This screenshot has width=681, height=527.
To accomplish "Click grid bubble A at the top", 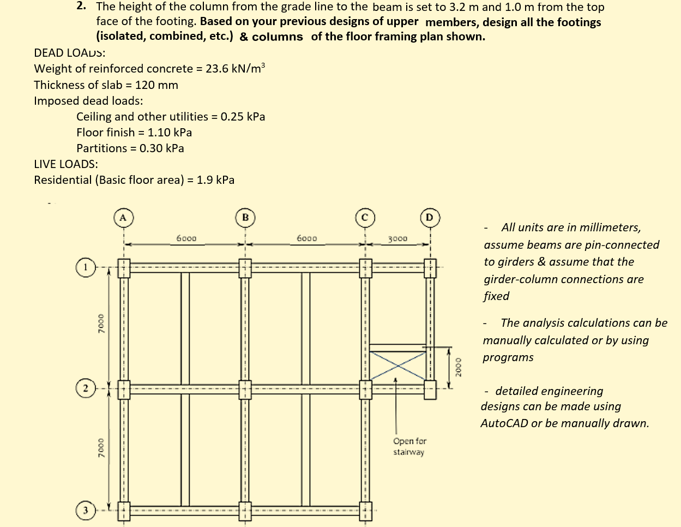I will click(123, 217).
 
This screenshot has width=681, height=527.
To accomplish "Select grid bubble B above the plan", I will click(245, 217).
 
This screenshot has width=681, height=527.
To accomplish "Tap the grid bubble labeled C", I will click(365, 217).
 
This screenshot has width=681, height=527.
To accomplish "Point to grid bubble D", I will click(430, 217).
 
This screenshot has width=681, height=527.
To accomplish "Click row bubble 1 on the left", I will click(86, 268).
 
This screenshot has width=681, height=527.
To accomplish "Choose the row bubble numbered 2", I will click(86, 388).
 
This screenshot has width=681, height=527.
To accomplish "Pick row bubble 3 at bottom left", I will click(86, 511).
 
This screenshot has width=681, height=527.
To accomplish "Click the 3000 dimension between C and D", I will click(397, 238).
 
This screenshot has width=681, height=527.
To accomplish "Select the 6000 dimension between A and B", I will click(186, 238).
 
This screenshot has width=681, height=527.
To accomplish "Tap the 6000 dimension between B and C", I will click(307, 238).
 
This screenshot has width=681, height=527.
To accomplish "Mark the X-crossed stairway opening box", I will click(397, 366).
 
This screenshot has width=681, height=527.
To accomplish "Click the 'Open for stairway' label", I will click(409, 446).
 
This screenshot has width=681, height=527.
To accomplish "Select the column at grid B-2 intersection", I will click(245, 389).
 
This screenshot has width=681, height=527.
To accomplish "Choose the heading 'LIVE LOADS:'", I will click(66, 164).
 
